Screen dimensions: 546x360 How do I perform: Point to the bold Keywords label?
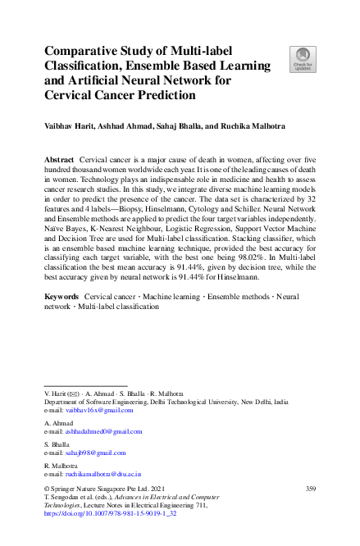pos(62,294)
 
